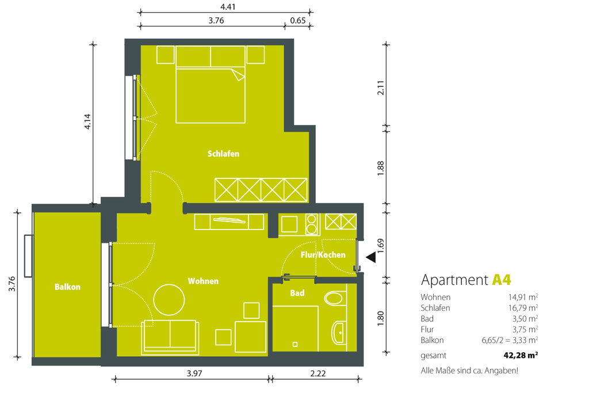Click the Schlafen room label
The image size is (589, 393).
pyautogui.click(x=223, y=154)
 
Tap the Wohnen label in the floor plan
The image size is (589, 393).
pyautogui.click(x=203, y=281)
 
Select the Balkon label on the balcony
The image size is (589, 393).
pyautogui.click(x=67, y=287)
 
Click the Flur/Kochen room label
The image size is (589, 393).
pyautogui.click(x=323, y=255)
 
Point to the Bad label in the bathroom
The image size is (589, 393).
pyautogui.click(x=297, y=293)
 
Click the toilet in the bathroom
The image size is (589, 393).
pyautogui.click(x=334, y=298)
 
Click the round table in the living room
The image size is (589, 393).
pyautogui.click(x=169, y=300)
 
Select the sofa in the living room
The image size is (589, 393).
pyautogui.click(x=170, y=337)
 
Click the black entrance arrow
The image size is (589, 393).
pyautogui.click(x=371, y=257)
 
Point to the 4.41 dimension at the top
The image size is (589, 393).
pyautogui.click(x=228, y=7)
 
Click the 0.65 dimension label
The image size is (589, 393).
pyautogui.click(x=298, y=21)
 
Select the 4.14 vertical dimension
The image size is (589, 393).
pyautogui.click(x=87, y=122)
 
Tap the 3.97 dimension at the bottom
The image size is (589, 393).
pyautogui.click(x=194, y=373)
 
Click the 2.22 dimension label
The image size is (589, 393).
pyautogui.click(x=318, y=373)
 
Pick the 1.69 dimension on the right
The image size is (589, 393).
pyautogui.click(x=381, y=246)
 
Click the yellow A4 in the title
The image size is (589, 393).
pyautogui.click(x=502, y=280)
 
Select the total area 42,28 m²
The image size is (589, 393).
pyautogui.click(x=521, y=355)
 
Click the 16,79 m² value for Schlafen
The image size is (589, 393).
pyautogui.click(x=523, y=308)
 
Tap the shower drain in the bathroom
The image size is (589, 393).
pyautogui.click(x=295, y=344)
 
